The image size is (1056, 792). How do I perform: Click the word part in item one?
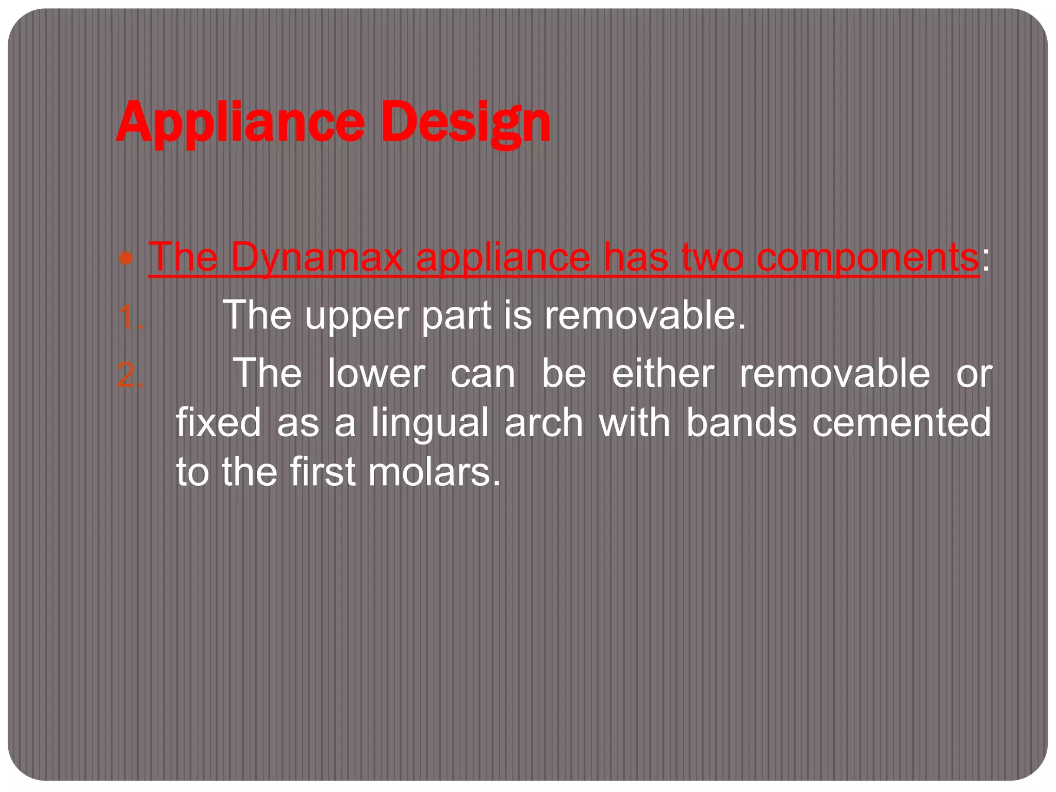pos(456,316)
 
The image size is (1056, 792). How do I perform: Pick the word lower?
pos(377,373)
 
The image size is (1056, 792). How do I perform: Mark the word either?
pos(663,373)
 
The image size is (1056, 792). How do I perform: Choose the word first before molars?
pos(322,472)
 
